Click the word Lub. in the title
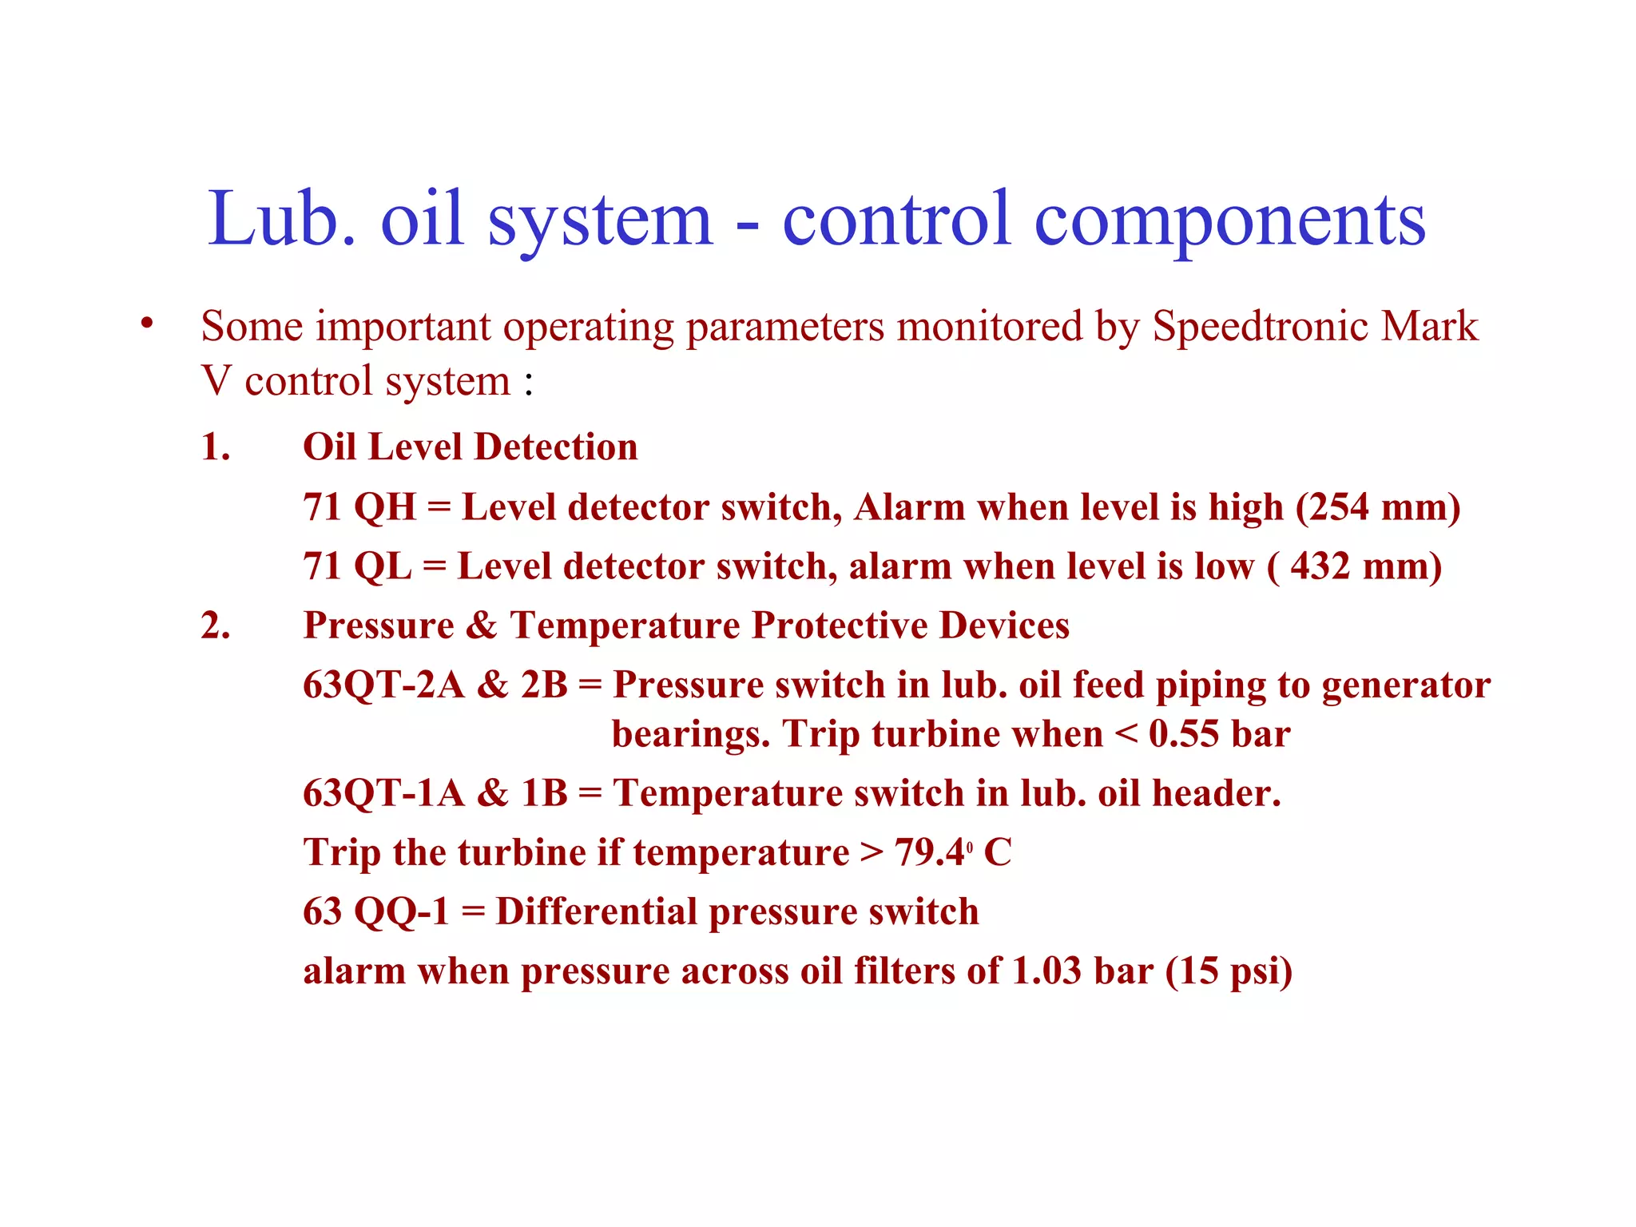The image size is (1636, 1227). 281,219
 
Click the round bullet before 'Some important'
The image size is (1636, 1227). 145,324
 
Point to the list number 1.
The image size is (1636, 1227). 215,447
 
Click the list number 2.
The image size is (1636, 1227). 215,625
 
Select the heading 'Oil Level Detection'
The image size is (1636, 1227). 470,447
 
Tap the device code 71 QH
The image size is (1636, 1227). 359,506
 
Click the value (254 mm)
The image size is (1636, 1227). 1377,506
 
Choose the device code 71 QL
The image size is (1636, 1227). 357,566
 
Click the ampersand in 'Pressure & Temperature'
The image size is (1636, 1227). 481,625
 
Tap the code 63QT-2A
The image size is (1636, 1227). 383,685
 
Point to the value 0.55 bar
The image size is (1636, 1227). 1219,733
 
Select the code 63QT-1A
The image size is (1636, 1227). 383,792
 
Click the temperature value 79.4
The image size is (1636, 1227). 930,852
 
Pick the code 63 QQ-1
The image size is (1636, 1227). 376,911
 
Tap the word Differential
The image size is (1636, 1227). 596,911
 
